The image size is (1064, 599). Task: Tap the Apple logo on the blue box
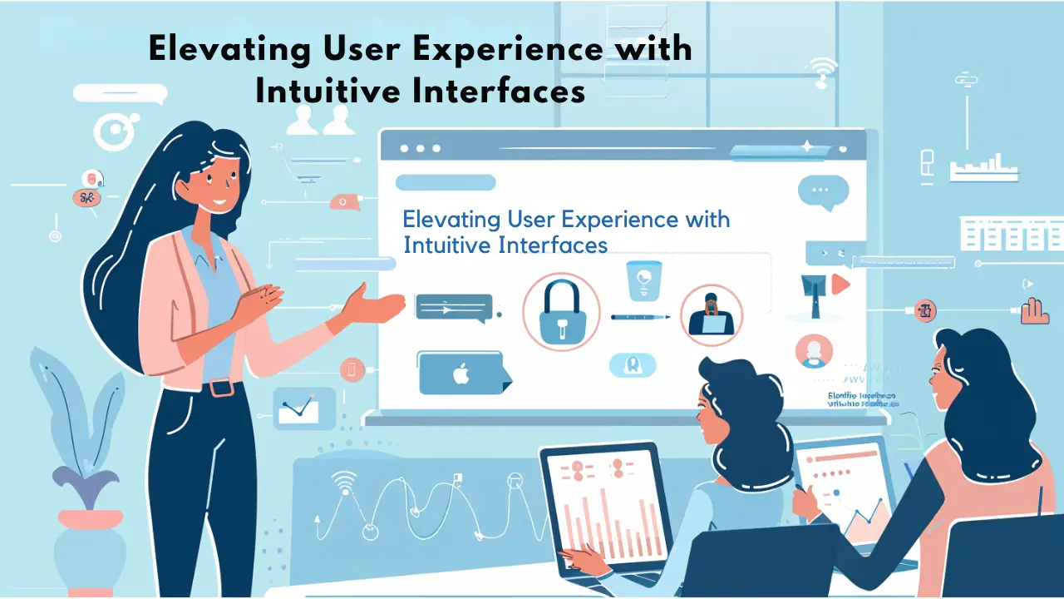460,374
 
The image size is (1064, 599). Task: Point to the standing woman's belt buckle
220,388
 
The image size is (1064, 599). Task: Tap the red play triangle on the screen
840,285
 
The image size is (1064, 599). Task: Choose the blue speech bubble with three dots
823,191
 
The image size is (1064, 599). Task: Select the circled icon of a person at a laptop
711,315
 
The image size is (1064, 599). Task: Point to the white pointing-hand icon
1034,310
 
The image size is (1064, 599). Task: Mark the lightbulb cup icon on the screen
643,280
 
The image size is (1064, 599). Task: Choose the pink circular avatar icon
814,350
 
